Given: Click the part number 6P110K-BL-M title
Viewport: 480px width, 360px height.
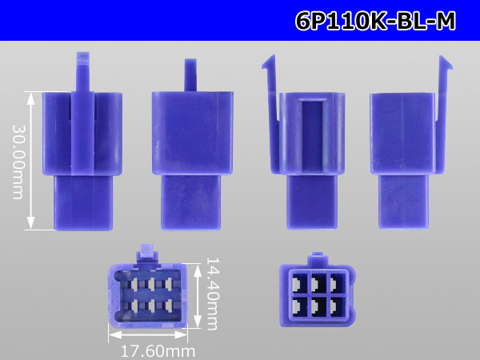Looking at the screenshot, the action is [376, 21].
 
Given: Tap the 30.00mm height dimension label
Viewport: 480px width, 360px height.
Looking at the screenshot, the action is [18, 162].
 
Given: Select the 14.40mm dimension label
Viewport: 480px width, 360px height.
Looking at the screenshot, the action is [213, 294].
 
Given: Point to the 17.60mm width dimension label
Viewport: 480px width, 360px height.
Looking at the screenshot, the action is [158, 351].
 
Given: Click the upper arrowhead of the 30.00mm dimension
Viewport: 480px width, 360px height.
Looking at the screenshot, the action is [30, 98].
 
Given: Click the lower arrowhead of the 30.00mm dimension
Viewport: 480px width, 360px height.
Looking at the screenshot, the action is [30, 223].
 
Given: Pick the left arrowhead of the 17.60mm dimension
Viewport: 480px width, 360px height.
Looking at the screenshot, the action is [114, 334].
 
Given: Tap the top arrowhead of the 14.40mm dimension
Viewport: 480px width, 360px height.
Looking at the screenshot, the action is [198, 270].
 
